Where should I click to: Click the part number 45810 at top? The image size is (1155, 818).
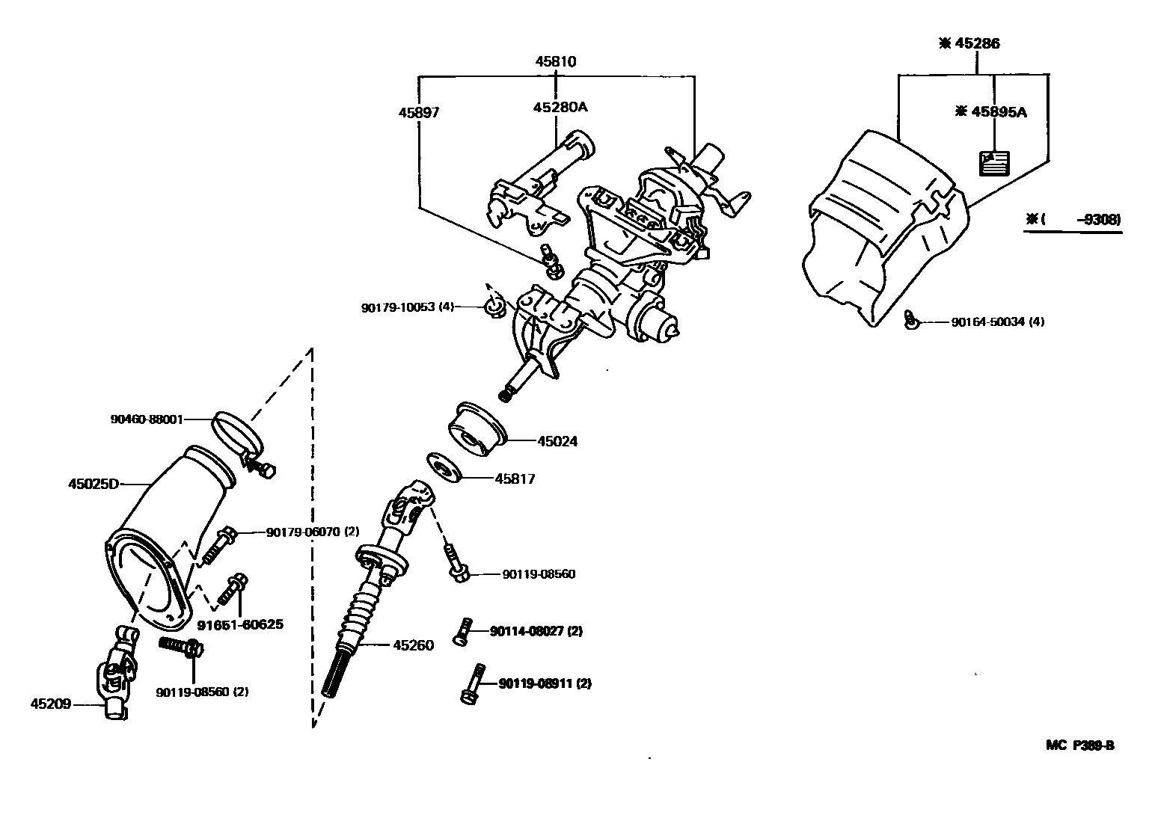coord(555,61)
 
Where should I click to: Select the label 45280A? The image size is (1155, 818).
coord(560,107)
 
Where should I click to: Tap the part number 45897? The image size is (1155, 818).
coord(418,112)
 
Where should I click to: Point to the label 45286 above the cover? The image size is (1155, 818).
coord(969,43)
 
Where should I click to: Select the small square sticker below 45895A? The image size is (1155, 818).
coord(994,162)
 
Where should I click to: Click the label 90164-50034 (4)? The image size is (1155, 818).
coord(997,322)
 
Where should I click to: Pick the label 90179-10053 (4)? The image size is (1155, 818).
coord(408,307)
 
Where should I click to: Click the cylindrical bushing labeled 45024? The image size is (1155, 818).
coord(477,429)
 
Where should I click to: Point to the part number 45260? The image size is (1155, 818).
coord(413,645)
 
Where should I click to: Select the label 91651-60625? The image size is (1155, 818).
coord(240,624)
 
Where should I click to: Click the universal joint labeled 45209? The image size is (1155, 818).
coord(120,673)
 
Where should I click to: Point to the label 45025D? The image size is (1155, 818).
coord(94,484)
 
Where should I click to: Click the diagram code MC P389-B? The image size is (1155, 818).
coord(1079,745)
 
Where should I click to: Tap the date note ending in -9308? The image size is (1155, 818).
coord(1073,219)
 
